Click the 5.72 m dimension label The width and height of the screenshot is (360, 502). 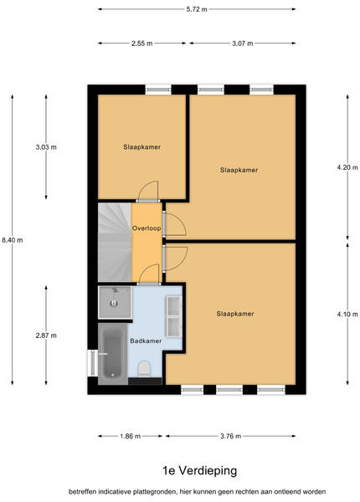coord(197,9)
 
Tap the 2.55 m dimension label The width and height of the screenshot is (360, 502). coord(141,44)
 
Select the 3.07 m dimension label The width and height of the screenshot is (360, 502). coord(243,44)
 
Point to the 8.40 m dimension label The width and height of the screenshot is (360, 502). coord(13,240)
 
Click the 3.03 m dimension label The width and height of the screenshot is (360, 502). coord(46,147)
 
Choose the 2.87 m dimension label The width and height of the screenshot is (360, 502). coord(46,336)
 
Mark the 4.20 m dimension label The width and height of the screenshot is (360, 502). coord(347,167)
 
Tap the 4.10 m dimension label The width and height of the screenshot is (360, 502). coord(347,314)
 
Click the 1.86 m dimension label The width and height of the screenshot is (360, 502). coord(131,436)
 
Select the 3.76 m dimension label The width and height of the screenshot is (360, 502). coord(230,436)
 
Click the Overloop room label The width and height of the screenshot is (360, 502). coord(147,228)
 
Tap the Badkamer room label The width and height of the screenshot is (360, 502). coord(146,341)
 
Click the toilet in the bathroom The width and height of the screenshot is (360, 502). coord(144,369)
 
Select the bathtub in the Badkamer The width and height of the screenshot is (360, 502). coord(113,353)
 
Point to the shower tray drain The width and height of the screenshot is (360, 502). coord(114,303)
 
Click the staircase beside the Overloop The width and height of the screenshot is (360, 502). coord(115,243)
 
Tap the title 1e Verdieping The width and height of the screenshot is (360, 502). coord(200,470)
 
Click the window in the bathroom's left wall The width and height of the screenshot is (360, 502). coord(93,363)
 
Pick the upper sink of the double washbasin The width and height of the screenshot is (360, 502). coord(173,305)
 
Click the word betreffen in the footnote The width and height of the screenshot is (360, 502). coord(83,491)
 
